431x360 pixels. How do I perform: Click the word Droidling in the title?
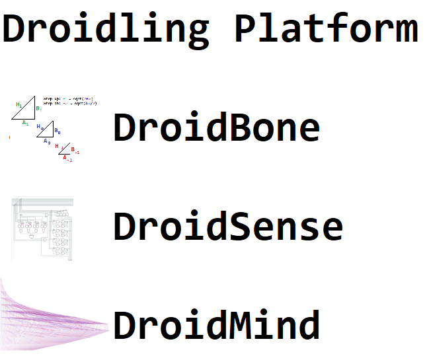tap(106, 29)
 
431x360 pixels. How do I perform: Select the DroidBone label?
tap(216, 127)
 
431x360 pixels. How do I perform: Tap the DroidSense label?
tap(228, 227)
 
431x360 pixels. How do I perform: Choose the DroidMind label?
tap(216, 326)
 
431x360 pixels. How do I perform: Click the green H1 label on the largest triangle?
tap(19, 105)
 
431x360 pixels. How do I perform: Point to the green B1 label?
tap(38, 108)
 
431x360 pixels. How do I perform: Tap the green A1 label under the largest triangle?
tap(25, 123)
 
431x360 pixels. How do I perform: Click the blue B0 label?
tap(58, 131)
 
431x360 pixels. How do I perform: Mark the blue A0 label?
tap(46, 141)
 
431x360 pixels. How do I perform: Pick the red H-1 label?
tap(58, 146)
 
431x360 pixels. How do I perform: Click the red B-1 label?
tap(75, 151)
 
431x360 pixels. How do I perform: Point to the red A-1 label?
tap(67, 159)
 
